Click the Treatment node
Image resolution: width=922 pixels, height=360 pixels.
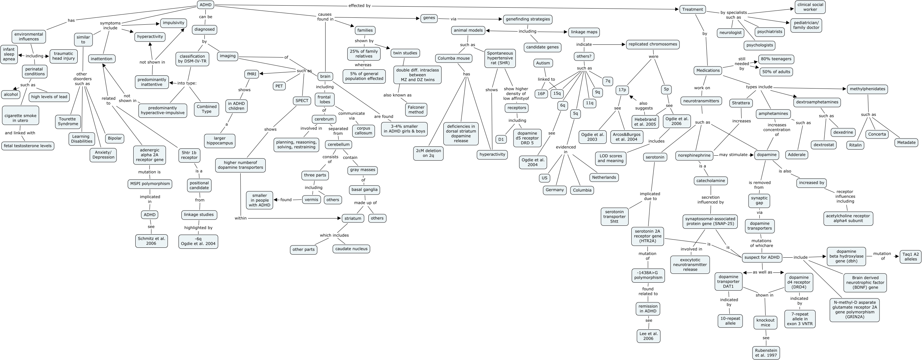(693, 9)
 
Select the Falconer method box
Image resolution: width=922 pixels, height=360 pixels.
(416, 110)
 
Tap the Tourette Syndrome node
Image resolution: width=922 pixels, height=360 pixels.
(68, 121)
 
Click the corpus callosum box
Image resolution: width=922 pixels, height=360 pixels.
(363, 130)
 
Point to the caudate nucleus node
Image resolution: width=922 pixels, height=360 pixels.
(352, 249)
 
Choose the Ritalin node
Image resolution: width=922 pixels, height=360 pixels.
(856, 145)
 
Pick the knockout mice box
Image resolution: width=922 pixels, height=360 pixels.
(765, 322)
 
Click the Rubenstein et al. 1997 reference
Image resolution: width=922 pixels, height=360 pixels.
(766, 353)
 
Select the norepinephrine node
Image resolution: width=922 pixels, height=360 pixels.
(694, 155)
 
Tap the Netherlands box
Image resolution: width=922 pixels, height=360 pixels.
(604, 177)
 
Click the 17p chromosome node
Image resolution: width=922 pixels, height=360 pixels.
(622, 90)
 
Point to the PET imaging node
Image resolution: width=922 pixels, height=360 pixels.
(279, 86)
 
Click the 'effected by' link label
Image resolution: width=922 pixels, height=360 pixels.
(359, 6)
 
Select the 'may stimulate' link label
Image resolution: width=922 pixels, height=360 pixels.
(733, 155)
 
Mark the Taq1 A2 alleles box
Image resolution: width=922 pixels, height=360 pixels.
(910, 257)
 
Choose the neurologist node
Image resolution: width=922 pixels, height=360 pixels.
(730, 33)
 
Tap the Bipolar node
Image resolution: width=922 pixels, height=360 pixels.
(115, 138)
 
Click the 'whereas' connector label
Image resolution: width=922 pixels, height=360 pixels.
(363, 65)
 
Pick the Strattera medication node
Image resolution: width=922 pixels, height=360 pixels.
(741, 103)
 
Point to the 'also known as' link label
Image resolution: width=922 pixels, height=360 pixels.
(397, 95)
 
